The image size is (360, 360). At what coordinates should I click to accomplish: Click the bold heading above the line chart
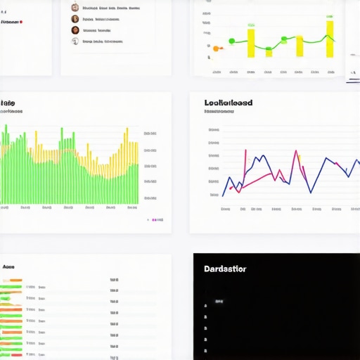[229, 103]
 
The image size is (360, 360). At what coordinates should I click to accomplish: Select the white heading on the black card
[225, 269]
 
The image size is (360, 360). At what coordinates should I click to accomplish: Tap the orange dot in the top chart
[217, 48]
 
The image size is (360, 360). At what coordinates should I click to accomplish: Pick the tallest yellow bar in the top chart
[329, 39]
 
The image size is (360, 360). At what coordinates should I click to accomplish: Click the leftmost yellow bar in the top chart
[251, 41]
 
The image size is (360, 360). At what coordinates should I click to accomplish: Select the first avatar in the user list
[75, 7]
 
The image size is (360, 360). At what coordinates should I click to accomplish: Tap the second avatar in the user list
[75, 19]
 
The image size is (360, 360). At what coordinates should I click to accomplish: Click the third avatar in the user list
[75, 30]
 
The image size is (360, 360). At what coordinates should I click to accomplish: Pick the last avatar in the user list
[75, 41]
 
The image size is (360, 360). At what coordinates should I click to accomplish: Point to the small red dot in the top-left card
[22, 22]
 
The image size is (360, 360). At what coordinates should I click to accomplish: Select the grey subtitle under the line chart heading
[219, 111]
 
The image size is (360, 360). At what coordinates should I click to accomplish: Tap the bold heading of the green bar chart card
[8, 102]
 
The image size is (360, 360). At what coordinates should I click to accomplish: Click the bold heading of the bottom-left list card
[8, 267]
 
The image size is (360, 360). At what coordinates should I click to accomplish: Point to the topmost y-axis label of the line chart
[213, 130]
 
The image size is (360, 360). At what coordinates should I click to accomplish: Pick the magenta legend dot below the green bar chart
[148, 220]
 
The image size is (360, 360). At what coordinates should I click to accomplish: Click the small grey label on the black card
[219, 301]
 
